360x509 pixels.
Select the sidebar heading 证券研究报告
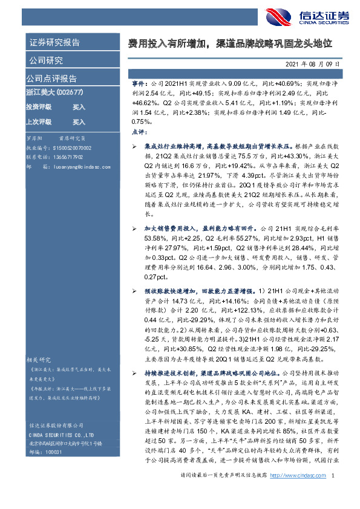54,43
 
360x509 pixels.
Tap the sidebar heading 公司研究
45,60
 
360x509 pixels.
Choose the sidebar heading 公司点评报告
51,79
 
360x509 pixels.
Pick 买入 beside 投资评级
79,106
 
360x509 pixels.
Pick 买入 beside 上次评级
79,121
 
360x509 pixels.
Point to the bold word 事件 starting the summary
139,80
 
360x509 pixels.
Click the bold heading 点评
139,131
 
